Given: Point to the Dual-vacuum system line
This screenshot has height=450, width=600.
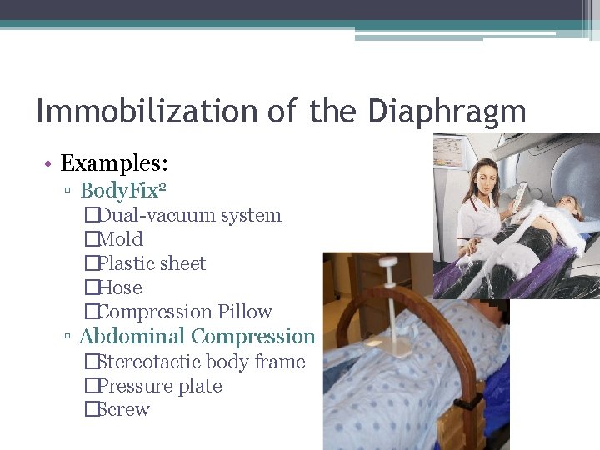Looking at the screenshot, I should pyautogui.click(x=189, y=215).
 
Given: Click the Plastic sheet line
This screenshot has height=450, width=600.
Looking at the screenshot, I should pyautogui.click(x=151, y=263).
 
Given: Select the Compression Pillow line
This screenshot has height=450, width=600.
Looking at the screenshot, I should pyautogui.click(x=184, y=312).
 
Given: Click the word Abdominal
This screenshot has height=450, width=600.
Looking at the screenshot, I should pyautogui.click(x=132, y=337).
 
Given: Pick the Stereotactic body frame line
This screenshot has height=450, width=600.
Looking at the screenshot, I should pyautogui.click(x=201, y=362).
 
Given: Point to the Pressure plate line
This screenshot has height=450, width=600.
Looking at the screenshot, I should pyautogui.click(x=159, y=386).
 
